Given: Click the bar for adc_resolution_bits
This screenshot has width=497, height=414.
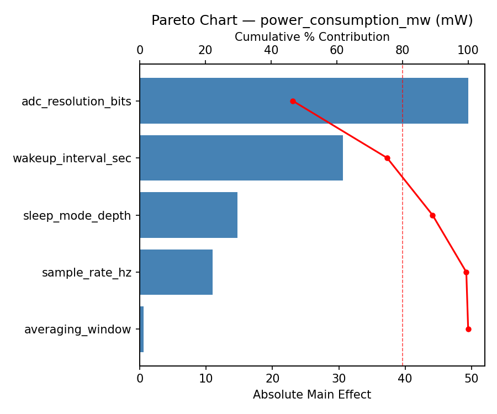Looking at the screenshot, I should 304,101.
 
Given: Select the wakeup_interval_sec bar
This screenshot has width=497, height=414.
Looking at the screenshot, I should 241,158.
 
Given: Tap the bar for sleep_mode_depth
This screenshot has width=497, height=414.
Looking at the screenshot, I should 188,215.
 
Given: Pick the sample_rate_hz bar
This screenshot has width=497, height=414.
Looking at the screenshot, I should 176,272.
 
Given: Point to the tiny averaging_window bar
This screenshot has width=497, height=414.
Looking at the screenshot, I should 142,329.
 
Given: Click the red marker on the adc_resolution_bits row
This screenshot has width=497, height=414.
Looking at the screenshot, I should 293,101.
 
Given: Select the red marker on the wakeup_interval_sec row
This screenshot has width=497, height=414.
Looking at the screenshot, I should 387,158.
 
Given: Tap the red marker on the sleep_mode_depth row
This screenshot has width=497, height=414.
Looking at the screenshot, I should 432,215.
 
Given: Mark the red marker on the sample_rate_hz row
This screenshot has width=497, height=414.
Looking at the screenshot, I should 466,272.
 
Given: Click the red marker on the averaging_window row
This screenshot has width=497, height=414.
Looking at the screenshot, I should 468,329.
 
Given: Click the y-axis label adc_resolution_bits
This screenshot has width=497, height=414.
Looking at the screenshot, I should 76,102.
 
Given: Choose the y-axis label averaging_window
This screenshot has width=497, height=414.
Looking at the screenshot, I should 78,330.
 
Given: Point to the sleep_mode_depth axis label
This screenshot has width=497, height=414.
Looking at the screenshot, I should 77,216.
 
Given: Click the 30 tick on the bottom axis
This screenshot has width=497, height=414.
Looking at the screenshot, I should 339,379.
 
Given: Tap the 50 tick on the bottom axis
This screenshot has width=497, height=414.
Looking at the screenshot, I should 471,379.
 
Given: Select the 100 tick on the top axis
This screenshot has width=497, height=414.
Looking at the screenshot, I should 468,50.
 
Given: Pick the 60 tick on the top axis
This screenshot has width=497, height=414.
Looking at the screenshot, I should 337,50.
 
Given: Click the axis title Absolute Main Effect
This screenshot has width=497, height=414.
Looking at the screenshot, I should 312,395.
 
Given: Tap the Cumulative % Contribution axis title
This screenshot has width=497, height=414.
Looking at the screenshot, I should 312,37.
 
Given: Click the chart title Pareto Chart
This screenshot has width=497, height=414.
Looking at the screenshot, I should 312,20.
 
